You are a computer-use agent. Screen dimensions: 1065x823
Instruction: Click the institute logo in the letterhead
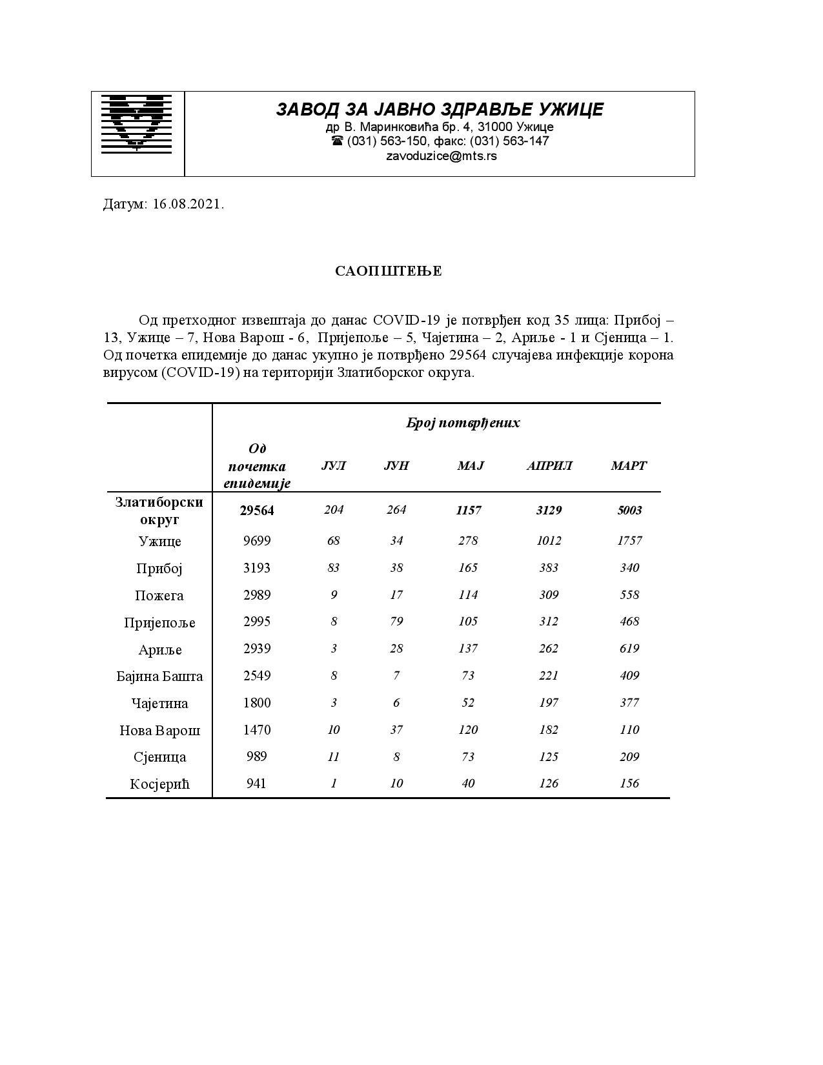[137, 124]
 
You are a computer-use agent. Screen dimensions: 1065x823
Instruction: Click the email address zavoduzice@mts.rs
[441, 156]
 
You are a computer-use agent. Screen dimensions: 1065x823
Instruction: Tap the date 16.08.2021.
[188, 205]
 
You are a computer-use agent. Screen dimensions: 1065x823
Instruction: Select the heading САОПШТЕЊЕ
[389, 271]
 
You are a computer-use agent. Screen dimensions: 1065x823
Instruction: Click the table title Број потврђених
[463, 423]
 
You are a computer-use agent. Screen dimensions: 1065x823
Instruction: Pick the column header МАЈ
[470, 466]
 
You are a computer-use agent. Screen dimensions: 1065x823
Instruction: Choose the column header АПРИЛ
[549, 466]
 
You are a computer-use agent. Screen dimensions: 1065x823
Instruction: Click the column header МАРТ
[629, 466]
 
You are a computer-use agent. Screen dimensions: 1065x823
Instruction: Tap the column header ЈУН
[396, 466]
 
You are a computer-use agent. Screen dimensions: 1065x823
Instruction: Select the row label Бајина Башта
[159, 676]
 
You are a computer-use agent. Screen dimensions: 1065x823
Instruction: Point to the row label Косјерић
[159, 784]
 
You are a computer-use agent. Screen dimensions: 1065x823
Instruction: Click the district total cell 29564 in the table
[257, 511]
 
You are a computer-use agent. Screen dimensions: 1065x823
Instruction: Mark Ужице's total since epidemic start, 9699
[257, 541]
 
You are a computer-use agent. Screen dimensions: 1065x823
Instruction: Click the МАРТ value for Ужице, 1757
[629, 541]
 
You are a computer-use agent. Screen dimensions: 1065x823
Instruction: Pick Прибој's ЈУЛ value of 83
[333, 568]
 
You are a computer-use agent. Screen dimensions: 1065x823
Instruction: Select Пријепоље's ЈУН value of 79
[396, 622]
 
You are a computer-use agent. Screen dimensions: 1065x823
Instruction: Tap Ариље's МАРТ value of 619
[629, 649]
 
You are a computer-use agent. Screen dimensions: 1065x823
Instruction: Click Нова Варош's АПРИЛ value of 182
[549, 730]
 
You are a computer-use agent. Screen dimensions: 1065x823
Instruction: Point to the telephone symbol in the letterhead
[337, 141]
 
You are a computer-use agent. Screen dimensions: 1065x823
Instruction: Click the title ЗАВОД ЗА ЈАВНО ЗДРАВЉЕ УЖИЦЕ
[440, 109]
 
